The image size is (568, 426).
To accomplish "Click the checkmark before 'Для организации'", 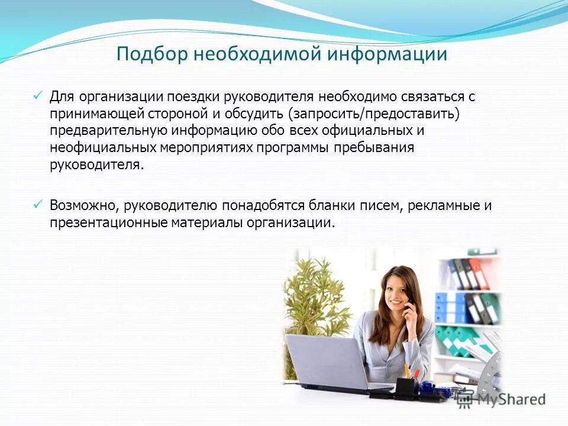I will click(x=37, y=95).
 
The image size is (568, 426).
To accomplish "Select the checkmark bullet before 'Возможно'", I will click(x=37, y=204).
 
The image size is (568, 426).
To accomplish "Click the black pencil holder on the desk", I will click(x=406, y=386).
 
